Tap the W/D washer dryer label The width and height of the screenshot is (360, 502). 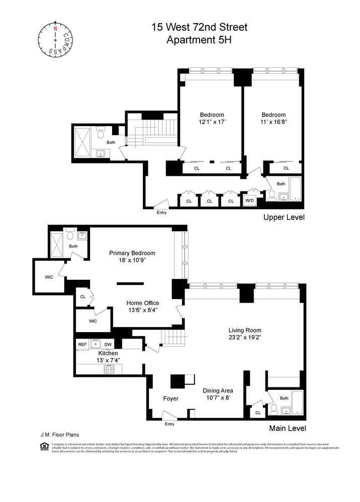click(249, 201)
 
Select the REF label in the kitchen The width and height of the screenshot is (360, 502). click(83, 344)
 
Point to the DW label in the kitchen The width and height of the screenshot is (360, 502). click(108, 344)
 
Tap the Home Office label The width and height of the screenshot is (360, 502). click(142, 303)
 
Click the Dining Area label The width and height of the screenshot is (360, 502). click(218, 390)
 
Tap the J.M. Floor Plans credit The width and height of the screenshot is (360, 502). click(59, 435)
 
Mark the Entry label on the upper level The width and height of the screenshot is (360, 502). click(161, 213)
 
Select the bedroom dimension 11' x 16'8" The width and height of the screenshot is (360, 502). click(274, 122)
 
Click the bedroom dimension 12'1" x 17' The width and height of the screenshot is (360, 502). click(212, 122)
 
